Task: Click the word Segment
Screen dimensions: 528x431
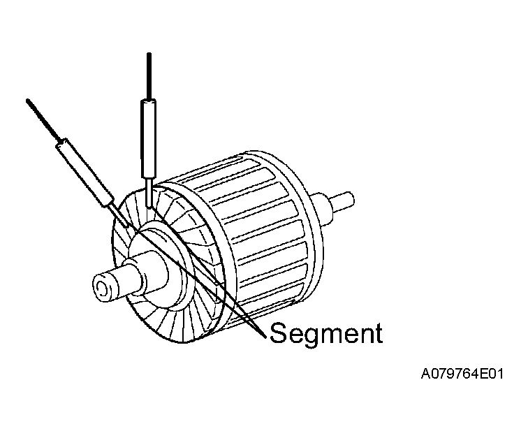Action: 326,333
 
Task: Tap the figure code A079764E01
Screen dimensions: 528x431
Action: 462,374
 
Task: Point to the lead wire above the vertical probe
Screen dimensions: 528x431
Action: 149,76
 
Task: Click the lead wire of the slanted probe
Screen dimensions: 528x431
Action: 43,119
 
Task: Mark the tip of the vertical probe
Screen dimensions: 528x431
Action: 149,207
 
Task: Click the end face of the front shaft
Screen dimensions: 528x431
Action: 105,288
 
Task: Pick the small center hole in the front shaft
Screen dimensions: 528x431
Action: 101,288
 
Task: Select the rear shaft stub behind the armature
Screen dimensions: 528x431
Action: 342,203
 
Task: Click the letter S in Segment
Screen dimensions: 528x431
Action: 279,333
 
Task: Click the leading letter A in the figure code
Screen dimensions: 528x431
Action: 425,374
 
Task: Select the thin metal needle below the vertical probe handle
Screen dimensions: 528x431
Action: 149,192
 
